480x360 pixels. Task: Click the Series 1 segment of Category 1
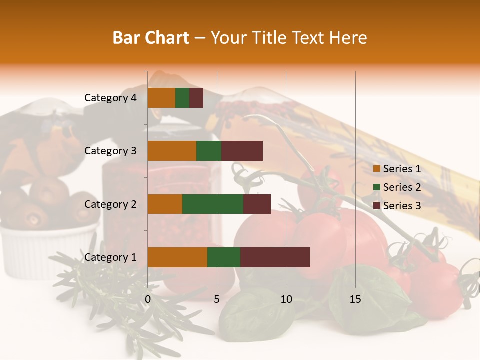(177, 257)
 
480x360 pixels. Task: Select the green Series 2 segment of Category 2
(213, 204)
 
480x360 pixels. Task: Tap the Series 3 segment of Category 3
(242, 151)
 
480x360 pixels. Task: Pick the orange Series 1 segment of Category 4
(161, 98)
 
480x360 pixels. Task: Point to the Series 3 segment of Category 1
(275, 257)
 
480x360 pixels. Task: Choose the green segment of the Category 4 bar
(182, 98)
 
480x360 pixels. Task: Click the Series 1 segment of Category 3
(172, 151)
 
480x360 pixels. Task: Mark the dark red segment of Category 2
(257, 204)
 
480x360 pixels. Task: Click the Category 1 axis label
(110, 257)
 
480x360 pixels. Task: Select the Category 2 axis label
(110, 204)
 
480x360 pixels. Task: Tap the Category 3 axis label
(110, 151)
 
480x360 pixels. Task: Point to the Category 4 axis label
(110, 98)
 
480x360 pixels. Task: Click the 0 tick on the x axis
(148, 299)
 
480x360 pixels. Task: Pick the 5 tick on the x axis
(217, 299)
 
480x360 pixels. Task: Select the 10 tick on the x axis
(286, 299)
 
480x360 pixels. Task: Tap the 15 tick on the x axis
(355, 299)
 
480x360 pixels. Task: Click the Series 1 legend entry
(397, 169)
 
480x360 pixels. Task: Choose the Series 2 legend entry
(397, 187)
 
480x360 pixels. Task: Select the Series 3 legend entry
(397, 206)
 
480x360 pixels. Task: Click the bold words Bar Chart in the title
(151, 38)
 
